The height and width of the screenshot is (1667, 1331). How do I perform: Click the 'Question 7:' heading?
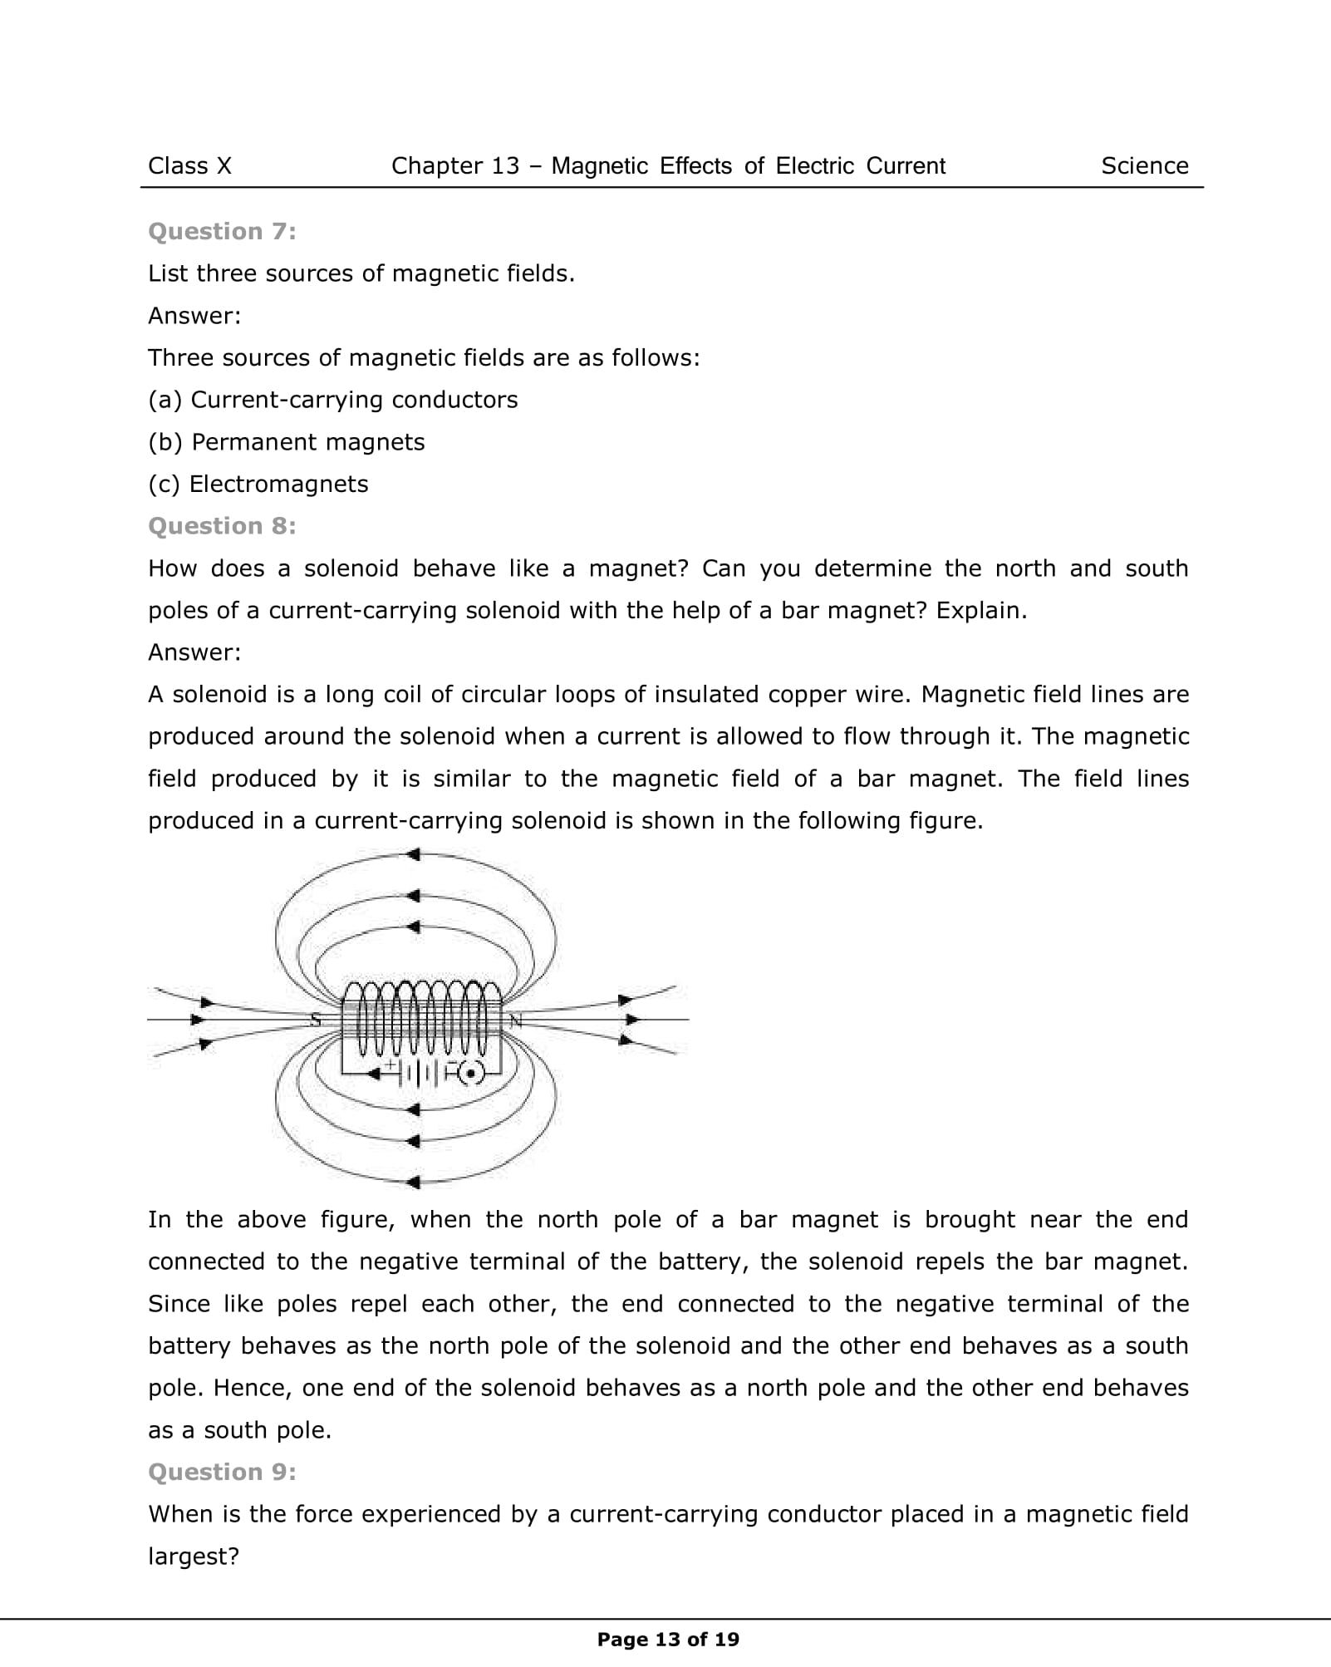click(222, 231)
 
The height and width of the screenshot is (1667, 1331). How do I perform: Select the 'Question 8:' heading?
click(222, 526)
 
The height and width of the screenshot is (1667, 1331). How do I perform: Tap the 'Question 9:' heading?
click(222, 1472)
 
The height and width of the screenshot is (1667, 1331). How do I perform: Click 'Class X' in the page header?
click(189, 166)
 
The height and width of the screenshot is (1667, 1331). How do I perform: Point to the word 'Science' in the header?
click(1144, 166)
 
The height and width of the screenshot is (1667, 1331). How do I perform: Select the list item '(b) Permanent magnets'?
click(286, 442)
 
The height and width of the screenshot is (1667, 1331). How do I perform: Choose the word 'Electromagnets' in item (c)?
click(278, 484)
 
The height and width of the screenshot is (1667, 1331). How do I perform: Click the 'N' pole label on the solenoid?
click(515, 1020)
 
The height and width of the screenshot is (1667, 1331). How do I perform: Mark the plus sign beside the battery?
click(390, 1063)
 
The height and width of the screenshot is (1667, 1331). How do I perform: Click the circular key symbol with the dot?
click(472, 1074)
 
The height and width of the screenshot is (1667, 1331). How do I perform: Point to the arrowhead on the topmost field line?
click(413, 854)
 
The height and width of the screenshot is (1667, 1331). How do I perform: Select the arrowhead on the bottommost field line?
click(413, 1182)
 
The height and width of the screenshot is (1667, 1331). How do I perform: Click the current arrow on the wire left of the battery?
click(375, 1074)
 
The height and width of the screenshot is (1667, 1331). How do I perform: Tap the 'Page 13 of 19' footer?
click(668, 1640)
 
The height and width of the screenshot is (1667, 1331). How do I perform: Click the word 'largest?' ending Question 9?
click(194, 1556)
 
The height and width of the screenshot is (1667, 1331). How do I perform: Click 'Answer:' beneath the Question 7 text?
click(194, 316)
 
